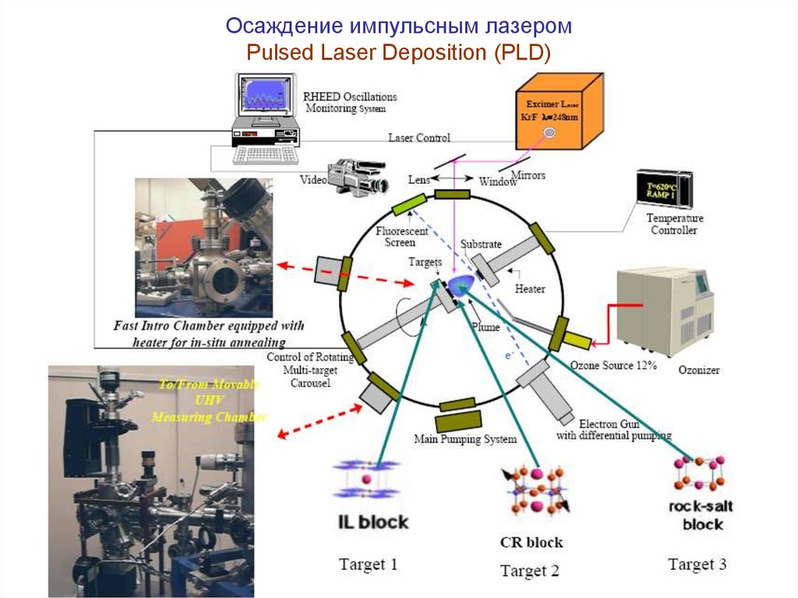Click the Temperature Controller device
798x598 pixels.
662,190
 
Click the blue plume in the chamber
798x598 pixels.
461,285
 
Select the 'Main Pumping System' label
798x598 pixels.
464,439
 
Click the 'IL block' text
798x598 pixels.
373,522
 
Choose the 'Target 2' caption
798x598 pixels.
529,571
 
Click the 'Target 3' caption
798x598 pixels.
697,563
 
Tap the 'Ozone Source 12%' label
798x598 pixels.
613,365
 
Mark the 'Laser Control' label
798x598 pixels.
418,138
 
